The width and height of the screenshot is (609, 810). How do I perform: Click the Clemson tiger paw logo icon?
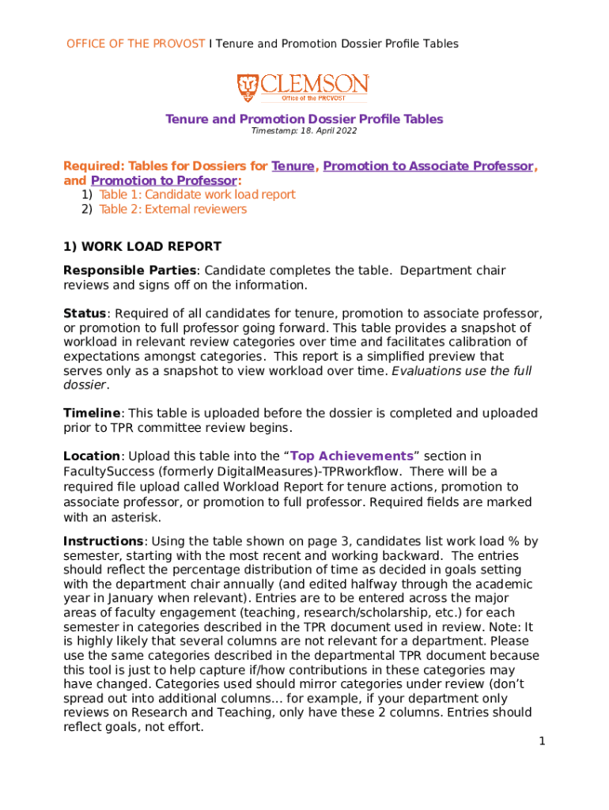pyautogui.click(x=248, y=87)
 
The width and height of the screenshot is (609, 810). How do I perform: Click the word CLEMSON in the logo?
pyautogui.click(x=314, y=84)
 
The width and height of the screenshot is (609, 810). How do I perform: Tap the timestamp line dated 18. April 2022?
pyautogui.click(x=304, y=132)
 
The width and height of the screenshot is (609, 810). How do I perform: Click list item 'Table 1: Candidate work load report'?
pyautogui.click(x=197, y=195)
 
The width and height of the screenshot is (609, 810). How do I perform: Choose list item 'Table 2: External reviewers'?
pyautogui.click(x=172, y=210)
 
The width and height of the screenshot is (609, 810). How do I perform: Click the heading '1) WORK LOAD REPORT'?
pyautogui.click(x=142, y=247)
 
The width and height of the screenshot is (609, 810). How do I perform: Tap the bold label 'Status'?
pyautogui.click(x=85, y=313)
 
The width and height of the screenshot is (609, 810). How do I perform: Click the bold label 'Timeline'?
pyautogui.click(x=92, y=413)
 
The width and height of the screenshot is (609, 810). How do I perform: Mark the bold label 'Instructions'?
pyautogui.click(x=103, y=541)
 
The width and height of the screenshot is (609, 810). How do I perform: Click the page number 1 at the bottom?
pyautogui.click(x=542, y=741)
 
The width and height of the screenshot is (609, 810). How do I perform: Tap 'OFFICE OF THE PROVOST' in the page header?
pyautogui.click(x=135, y=44)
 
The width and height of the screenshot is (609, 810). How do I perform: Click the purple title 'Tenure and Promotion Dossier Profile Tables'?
pyautogui.click(x=304, y=119)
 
